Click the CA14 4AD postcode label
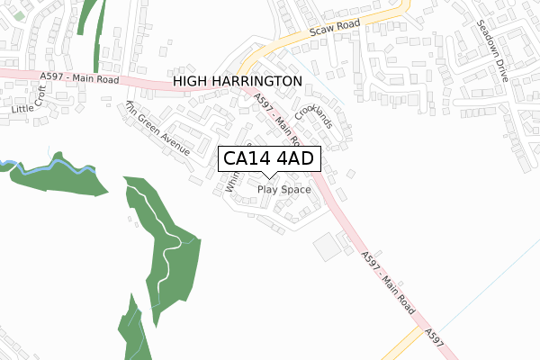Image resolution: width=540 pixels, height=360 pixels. (267, 159)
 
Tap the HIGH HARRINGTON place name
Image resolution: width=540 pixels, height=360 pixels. (237, 81)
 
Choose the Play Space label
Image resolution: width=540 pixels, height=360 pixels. (283, 190)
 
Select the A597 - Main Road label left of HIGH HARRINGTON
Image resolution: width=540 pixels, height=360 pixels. (79, 79)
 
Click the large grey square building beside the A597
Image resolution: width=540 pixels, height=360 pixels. (325, 246)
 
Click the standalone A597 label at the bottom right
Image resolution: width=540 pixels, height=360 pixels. (436, 335)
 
